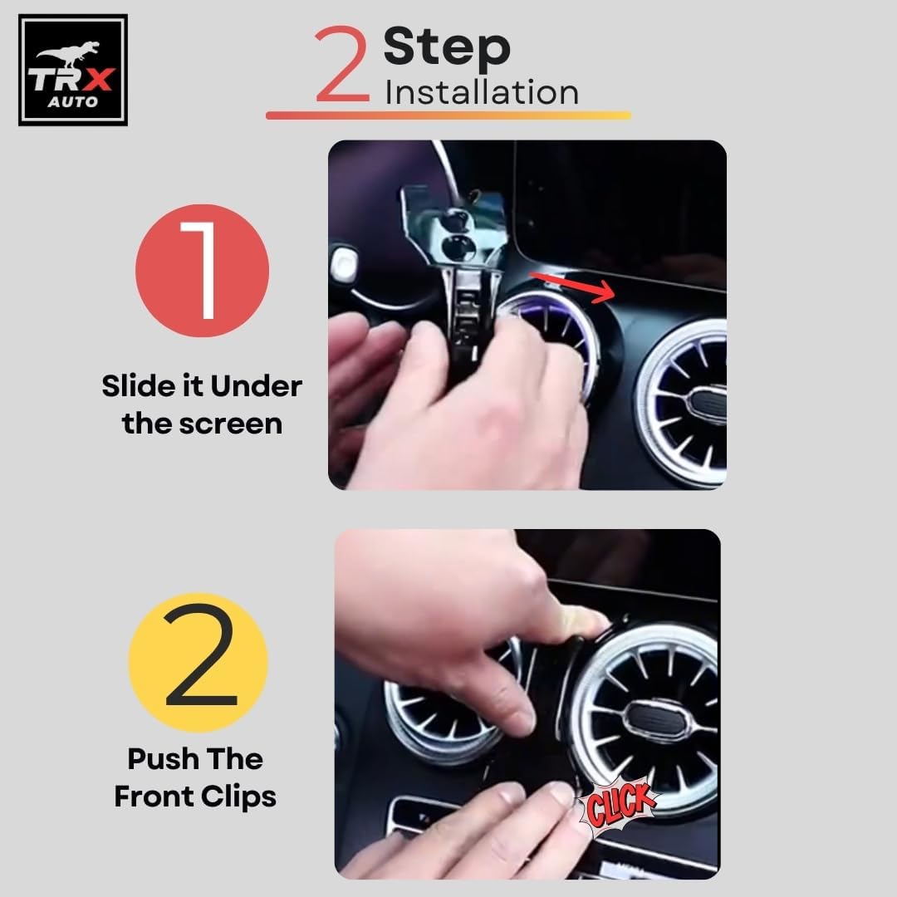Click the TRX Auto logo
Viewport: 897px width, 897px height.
72,70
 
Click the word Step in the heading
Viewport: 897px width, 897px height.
447,48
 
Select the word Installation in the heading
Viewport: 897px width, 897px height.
482,93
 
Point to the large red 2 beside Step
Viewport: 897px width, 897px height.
341,63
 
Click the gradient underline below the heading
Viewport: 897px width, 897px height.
448,115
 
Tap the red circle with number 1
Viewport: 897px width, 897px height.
203,271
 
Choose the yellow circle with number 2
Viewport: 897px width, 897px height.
199,663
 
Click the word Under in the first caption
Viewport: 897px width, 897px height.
257,387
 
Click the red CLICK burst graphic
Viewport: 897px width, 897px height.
619,805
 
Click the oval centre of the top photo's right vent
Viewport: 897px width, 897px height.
707,399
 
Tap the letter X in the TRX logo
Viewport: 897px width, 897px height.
98,80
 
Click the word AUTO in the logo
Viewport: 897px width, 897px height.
72,102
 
